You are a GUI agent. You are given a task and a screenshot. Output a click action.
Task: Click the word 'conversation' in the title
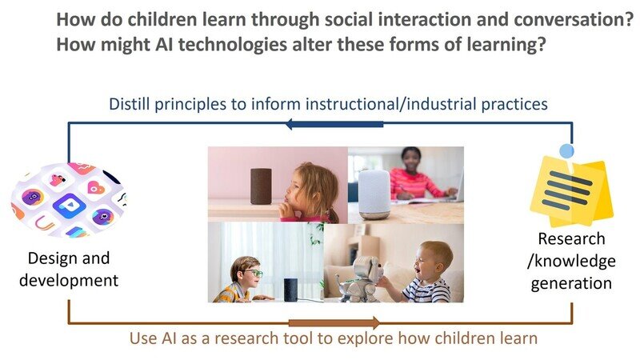pos(569,19)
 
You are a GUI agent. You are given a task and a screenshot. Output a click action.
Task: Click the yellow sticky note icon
pos(572,191)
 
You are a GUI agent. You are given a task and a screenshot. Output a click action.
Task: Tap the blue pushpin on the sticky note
pos(566,150)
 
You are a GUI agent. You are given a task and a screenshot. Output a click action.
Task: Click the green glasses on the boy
pos(252,273)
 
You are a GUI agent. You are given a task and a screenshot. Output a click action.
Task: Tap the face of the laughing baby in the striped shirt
pos(433,259)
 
